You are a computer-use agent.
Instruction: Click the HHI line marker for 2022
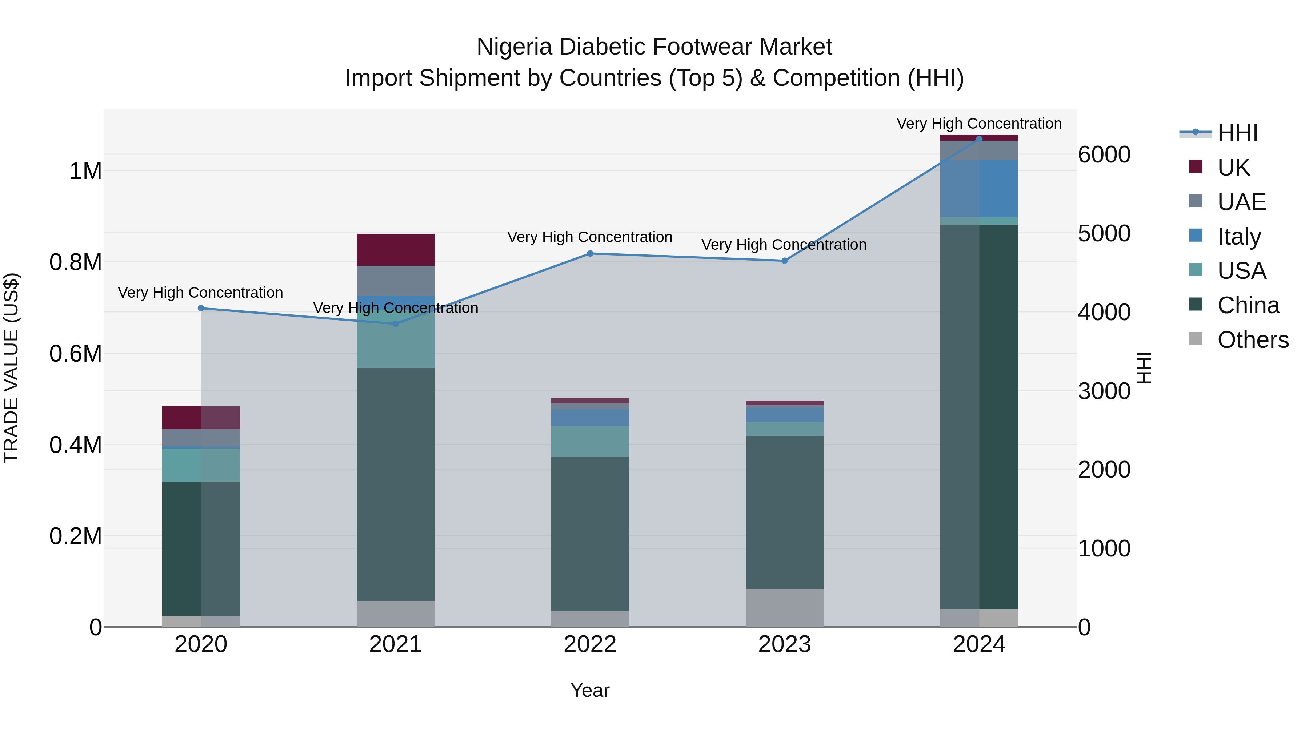pos(590,253)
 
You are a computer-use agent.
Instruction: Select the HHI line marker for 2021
pos(395,323)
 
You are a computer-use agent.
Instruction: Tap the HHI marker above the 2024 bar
pos(979,139)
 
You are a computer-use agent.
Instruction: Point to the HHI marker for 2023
pos(785,261)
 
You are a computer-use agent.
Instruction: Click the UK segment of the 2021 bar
pos(395,249)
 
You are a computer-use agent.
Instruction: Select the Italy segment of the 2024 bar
pos(979,188)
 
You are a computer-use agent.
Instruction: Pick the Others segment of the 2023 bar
pos(785,607)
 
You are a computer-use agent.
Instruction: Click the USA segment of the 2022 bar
pos(590,441)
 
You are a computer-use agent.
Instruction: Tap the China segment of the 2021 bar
pos(395,484)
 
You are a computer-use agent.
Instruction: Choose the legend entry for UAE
pos(1241,202)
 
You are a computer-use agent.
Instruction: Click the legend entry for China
pos(1248,305)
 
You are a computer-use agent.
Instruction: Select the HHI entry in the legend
pos(1237,133)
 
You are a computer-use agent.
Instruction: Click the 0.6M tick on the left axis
pos(76,354)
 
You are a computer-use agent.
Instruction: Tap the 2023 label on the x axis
pos(785,644)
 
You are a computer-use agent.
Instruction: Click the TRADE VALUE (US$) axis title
pos(11,368)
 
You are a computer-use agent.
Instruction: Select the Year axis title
pos(590,690)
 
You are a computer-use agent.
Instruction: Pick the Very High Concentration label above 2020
pos(200,293)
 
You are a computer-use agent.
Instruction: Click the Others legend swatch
pos(1196,339)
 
